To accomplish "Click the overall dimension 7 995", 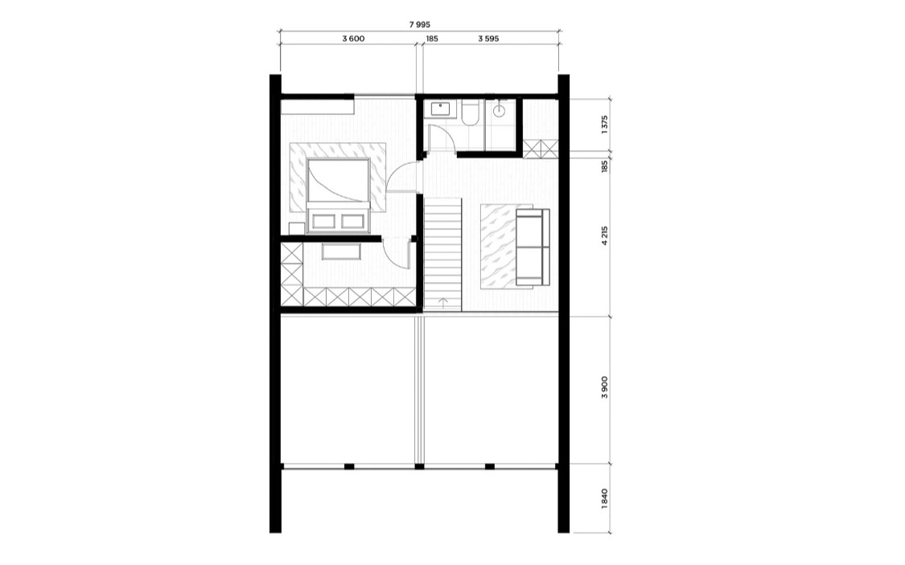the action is [x=420, y=25].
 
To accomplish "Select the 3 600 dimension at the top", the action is [x=353, y=39].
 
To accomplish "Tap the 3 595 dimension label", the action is [x=488, y=39].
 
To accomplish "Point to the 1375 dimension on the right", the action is [x=604, y=125].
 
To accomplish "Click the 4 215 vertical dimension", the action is [x=604, y=235].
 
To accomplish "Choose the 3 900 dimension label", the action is [x=604, y=387].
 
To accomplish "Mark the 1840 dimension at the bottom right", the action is [x=604, y=499].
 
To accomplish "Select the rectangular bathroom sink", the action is [x=443, y=108].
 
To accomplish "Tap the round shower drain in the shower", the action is [x=500, y=111].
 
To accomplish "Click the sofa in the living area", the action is [x=533, y=247].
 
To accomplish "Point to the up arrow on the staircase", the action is [x=443, y=303].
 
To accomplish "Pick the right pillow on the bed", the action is [x=352, y=221].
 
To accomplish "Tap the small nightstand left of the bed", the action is [x=296, y=228].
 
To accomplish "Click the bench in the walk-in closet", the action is [x=341, y=252].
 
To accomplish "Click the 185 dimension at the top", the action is [x=432, y=39].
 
